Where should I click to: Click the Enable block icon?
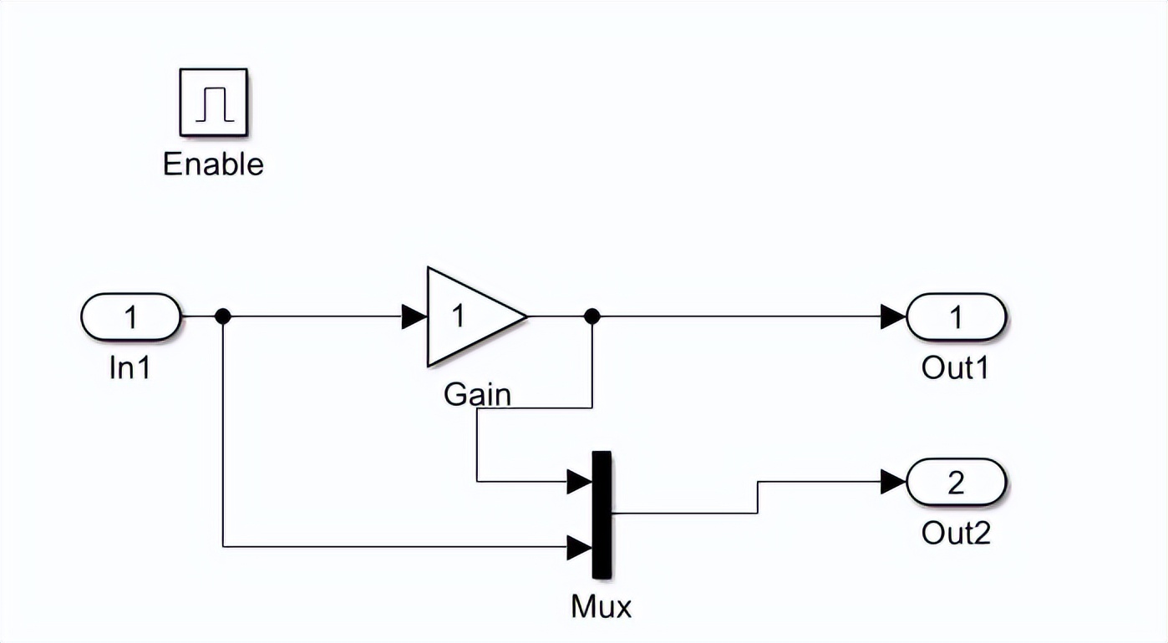[x=213, y=102]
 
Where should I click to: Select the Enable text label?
[x=213, y=164]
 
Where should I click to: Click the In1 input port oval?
[x=130, y=316]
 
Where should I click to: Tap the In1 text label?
[x=130, y=367]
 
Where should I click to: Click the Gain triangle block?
[x=468, y=316]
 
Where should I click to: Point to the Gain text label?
[x=477, y=393]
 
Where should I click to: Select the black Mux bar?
[x=602, y=514]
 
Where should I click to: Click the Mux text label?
[x=602, y=606]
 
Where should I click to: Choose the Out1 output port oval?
[x=957, y=316]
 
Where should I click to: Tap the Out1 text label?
[x=955, y=367]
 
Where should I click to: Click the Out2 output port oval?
[x=957, y=482]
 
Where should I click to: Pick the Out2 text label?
[x=956, y=532]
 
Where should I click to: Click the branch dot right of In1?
[x=222, y=316]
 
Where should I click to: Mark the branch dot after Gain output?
[x=592, y=316]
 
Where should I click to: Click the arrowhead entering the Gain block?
[x=414, y=316]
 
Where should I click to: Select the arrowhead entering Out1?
[x=893, y=316]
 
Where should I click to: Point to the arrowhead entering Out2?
[x=893, y=482]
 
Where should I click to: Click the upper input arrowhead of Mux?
[x=579, y=481]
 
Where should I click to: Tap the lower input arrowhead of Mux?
[x=579, y=548]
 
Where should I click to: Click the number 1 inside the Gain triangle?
[x=458, y=316]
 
